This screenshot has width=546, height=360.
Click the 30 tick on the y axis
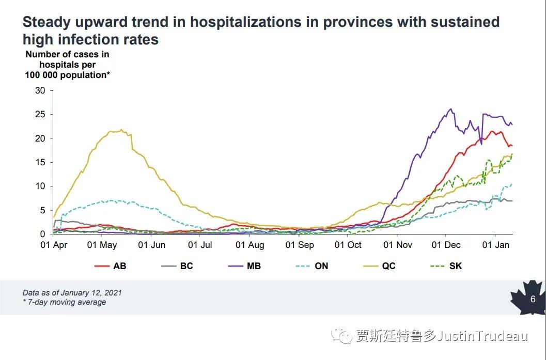point(40,91)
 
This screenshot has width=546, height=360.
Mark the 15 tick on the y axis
point(40,162)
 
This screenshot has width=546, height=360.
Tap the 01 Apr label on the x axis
point(54,245)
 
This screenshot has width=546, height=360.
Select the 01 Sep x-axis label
point(300,245)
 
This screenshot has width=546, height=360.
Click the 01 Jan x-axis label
point(496,245)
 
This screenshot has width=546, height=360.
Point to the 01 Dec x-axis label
point(446,245)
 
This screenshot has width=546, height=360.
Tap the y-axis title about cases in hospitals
point(67,64)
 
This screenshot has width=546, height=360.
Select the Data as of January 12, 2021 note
point(72,293)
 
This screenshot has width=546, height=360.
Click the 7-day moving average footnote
point(64,302)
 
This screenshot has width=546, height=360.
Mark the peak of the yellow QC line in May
point(121,130)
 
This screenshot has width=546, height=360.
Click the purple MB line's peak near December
point(451,109)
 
